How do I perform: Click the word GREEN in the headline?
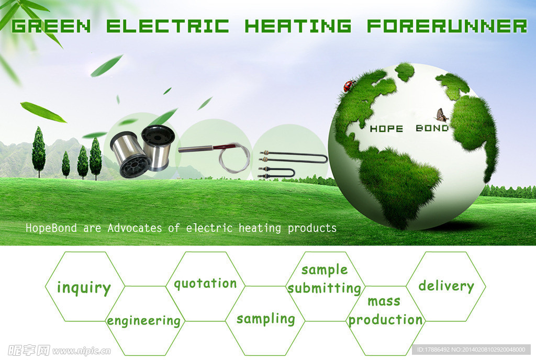tap(51, 26)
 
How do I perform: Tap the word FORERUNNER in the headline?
tap(447, 26)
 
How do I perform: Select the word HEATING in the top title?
tap(298, 26)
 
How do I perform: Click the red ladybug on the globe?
tap(349, 85)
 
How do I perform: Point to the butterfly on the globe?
tap(442, 116)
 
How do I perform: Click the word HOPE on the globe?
tap(387, 129)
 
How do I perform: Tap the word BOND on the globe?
tap(432, 128)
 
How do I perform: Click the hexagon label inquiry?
tap(84, 288)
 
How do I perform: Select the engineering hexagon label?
tap(144, 321)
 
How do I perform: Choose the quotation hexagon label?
tap(205, 284)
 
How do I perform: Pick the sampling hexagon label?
tap(265, 319)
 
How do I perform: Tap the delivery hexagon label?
tap(446, 286)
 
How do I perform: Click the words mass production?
tap(385, 311)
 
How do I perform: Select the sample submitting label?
tap(325, 279)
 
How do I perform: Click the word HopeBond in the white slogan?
tap(51, 228)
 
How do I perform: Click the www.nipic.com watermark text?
tap(82, 351)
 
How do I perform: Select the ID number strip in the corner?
tap(471, 350)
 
